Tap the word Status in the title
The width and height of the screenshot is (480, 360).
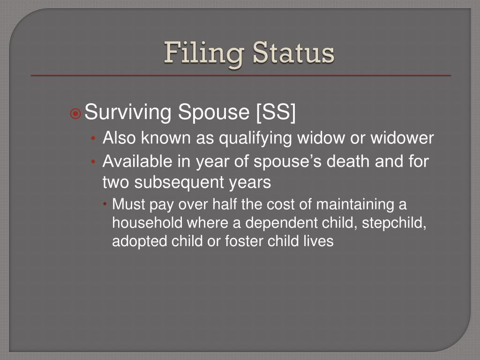(293, 53)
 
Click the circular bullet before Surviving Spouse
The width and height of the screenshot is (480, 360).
(76, 113)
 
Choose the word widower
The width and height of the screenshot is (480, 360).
(403, 138)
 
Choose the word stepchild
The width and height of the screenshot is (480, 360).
(392, 223)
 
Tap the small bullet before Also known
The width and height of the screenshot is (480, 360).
(94, 139)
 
